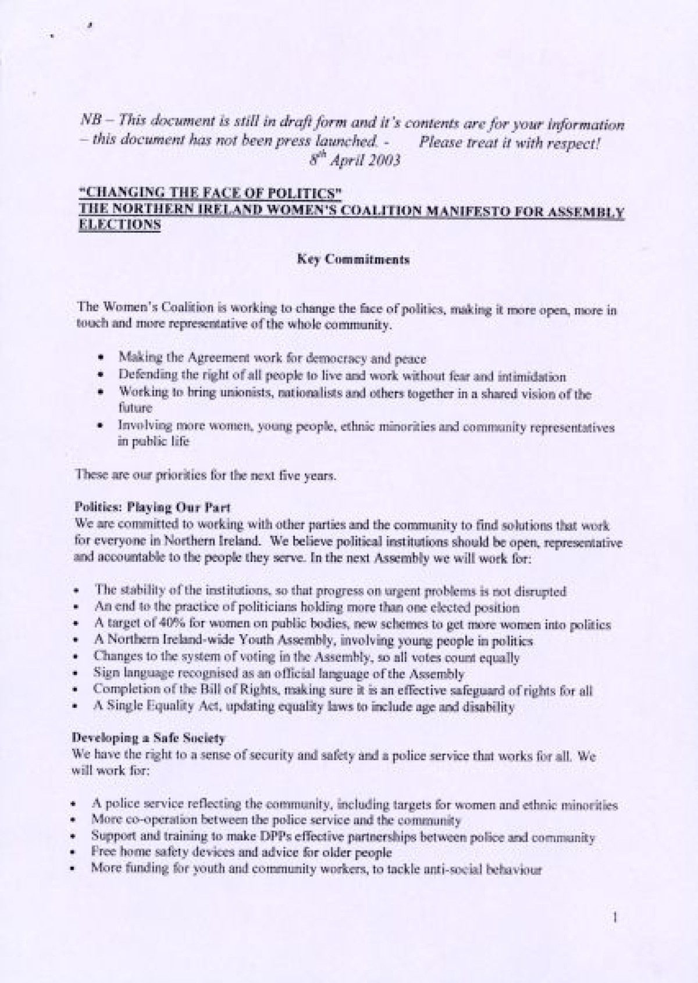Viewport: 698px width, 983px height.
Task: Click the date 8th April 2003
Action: (x=355, y=160)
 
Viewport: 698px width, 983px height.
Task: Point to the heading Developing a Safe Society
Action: (x=148, y=739)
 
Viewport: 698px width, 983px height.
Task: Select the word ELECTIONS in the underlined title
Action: (x=119, y=227)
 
